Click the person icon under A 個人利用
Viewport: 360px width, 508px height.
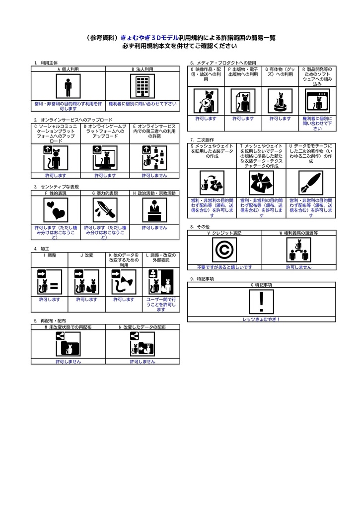(68, 87)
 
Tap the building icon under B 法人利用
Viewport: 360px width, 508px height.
(143, 87)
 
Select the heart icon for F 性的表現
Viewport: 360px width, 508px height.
(55, 210)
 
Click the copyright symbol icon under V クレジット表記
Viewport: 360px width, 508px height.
(224, 250)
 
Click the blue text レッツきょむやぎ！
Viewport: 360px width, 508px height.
(262, 319)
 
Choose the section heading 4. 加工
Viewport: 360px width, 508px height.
(42, 249)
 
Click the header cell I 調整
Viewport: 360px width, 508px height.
(50, 255)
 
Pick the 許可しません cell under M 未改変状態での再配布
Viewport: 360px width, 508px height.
(68, 362)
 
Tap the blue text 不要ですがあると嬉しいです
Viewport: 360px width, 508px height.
(224, 267)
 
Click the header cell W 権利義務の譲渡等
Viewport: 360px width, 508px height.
(298, 233)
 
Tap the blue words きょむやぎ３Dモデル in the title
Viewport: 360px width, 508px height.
(149, 38)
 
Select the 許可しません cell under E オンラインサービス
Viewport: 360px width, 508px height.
(154, 175)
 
